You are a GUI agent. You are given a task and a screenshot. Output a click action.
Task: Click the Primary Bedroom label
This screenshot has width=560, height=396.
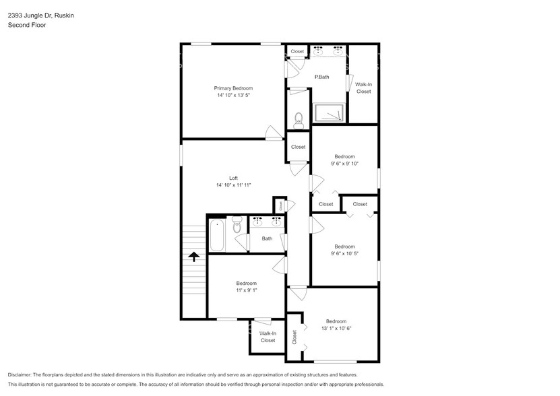coord(233,88)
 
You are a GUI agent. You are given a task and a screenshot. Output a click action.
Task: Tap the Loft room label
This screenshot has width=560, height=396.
coord(233,178)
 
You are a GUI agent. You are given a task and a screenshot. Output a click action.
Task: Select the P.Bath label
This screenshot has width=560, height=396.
coord(322,77)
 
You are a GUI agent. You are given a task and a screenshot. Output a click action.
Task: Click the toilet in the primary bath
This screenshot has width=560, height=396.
coord(299,119)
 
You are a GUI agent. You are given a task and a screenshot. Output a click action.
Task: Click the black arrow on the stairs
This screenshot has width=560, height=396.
coord(194,256)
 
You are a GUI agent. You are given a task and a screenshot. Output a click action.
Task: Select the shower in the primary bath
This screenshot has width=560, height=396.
coord(330,113)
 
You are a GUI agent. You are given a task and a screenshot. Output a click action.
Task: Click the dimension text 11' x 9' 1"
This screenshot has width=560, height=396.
coord(246,291)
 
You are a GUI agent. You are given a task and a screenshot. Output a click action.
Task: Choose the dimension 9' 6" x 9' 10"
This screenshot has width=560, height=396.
coord(344,164)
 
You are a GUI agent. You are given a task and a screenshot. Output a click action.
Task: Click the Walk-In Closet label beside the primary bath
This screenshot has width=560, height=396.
coord(363,88)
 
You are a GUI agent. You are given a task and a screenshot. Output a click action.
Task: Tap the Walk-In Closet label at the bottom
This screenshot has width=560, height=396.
coord(268,337)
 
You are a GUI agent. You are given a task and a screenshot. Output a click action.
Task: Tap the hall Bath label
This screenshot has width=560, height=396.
coord(267,238)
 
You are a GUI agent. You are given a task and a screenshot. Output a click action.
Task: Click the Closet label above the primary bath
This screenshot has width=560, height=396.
coord(297,51)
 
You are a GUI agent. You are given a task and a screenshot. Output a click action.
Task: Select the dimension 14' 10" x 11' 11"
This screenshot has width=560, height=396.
coord(233,185)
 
